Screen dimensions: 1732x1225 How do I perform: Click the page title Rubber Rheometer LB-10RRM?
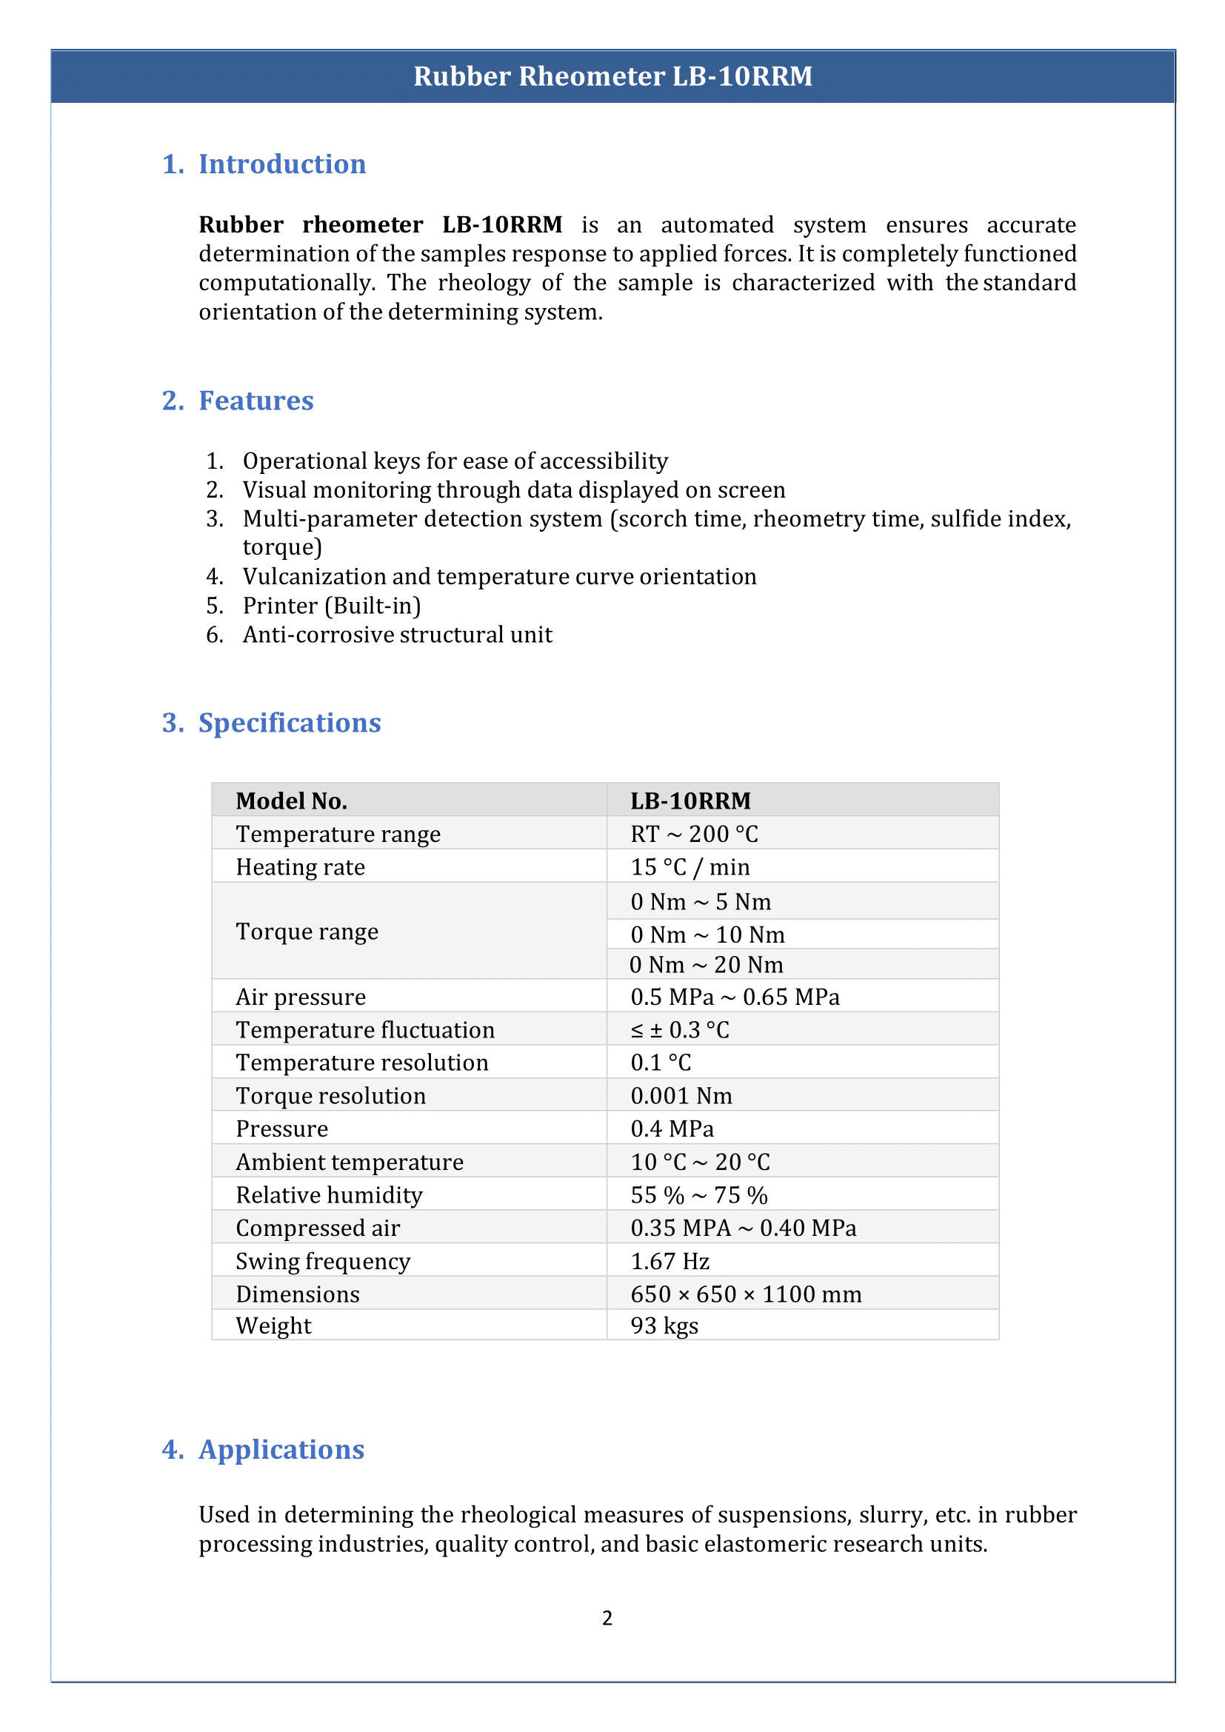point(612,76)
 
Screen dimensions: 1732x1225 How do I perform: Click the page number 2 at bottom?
point(607,1618)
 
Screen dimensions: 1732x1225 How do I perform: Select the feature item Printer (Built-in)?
point(331,606)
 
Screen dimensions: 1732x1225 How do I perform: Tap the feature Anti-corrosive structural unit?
point(397,635)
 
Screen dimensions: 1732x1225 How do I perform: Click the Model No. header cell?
point(291,800)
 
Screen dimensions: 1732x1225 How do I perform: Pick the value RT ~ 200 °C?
point(694,834)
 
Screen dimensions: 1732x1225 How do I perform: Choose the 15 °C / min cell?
point(690,867)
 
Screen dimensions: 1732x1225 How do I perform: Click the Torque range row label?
point(307,932)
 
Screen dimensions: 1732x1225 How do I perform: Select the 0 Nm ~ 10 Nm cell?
point(707,934)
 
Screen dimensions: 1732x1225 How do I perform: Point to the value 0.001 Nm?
point(681,1095)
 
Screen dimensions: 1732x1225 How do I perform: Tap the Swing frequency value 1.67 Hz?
point(670,1261)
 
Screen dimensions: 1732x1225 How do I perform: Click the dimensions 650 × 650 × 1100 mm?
point(745,1294)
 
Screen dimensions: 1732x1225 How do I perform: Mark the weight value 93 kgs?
point(664,1326)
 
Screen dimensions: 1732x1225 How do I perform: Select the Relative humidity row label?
point(329,1195)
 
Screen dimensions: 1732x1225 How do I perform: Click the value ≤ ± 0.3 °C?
point(680,1030)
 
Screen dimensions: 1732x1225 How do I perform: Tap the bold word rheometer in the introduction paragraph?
point(362,225)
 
